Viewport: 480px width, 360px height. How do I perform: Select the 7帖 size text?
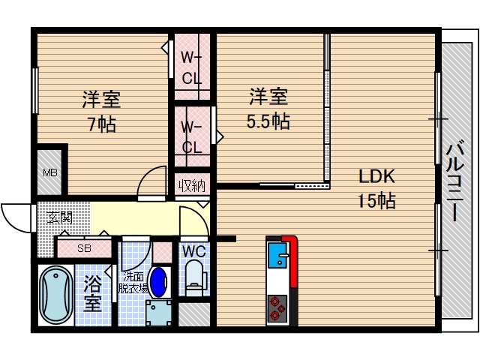click(x=101, y=124)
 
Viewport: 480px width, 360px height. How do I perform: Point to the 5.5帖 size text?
click(x=269, y=120)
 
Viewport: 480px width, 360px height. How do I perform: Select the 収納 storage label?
click(x=191, y=184)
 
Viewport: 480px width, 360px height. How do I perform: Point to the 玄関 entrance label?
click(x=60, y=218)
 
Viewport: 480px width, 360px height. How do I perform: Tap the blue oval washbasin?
click(x=159, y=283)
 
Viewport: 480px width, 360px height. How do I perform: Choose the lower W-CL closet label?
click(x=192, y=136)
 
